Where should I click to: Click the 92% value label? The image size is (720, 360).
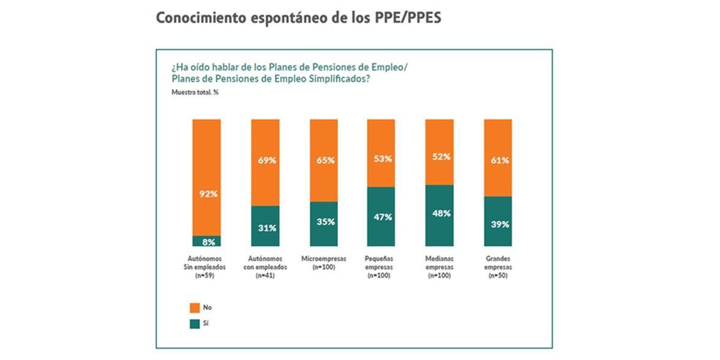coord(207,194)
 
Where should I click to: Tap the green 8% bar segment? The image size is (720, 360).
coord(207,241)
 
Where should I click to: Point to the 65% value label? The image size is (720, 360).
coord(324,161)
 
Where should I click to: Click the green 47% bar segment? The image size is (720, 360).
coord(381,217)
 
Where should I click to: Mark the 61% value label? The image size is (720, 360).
coord(498,161)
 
